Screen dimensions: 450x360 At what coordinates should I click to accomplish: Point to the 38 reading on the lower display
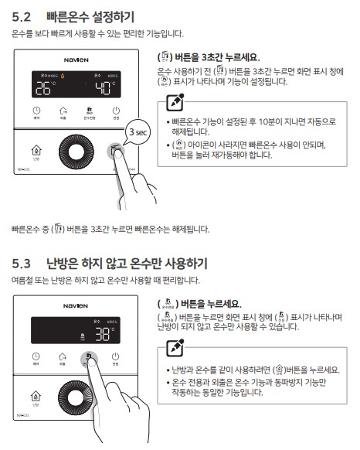(x=102, y=334)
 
